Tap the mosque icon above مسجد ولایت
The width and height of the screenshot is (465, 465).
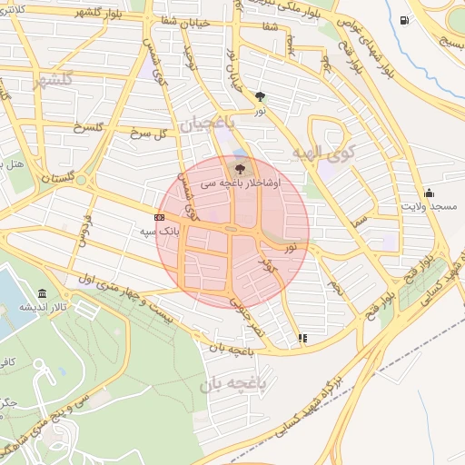click(x=429, y=193)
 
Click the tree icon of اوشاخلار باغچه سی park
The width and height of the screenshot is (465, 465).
click(x=240, y=168)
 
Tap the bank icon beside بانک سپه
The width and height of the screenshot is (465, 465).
click(x=160, y=218)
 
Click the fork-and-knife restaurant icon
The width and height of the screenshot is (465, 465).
click(x=302, y=339)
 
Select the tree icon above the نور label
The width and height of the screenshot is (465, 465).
click(x=262, y=95)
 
